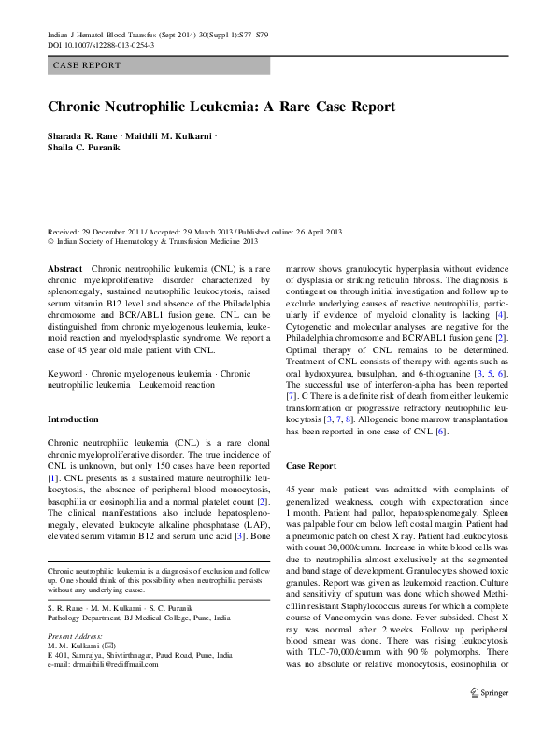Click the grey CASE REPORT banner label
(x=87, y=66)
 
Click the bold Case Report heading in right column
(x=310, y=464)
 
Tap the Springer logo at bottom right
(x=489, y=719)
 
